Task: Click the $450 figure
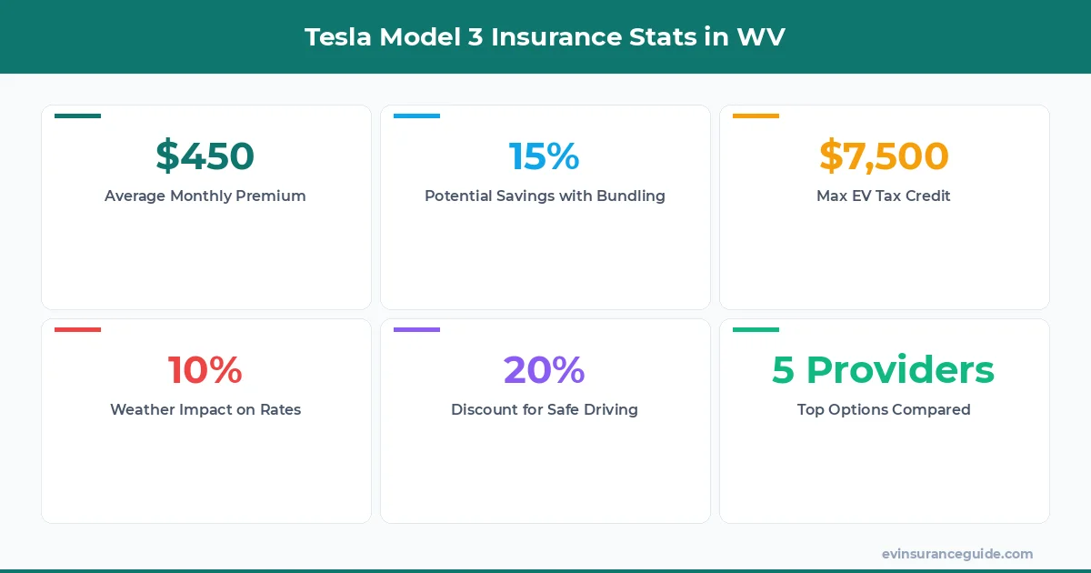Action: tap(205, 156)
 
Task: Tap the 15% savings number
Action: tap(544, 156)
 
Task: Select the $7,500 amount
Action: tap(884, 156)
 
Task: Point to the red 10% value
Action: tap(205, 370)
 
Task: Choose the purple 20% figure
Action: tap(544, 370)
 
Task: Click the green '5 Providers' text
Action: tap(884, 370)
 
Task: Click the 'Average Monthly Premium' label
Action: tap(205, 196)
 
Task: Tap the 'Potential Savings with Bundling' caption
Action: tap(545, 196)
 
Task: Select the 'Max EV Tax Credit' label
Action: tap(884, 196)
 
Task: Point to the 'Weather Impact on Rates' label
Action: tap(205, 409)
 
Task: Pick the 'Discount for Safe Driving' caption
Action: tap(545, 409)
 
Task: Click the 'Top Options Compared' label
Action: tap(884, 409)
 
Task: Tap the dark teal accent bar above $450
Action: tap(77, 116)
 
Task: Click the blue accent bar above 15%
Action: tap(416, 116)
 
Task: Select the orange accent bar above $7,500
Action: tap(756, 116)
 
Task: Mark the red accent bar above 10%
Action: tap(77, 329)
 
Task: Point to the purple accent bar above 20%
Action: tap(416, 329)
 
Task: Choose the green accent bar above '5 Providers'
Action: tap(756, 329)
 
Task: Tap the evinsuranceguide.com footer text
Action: tap(957, 553)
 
